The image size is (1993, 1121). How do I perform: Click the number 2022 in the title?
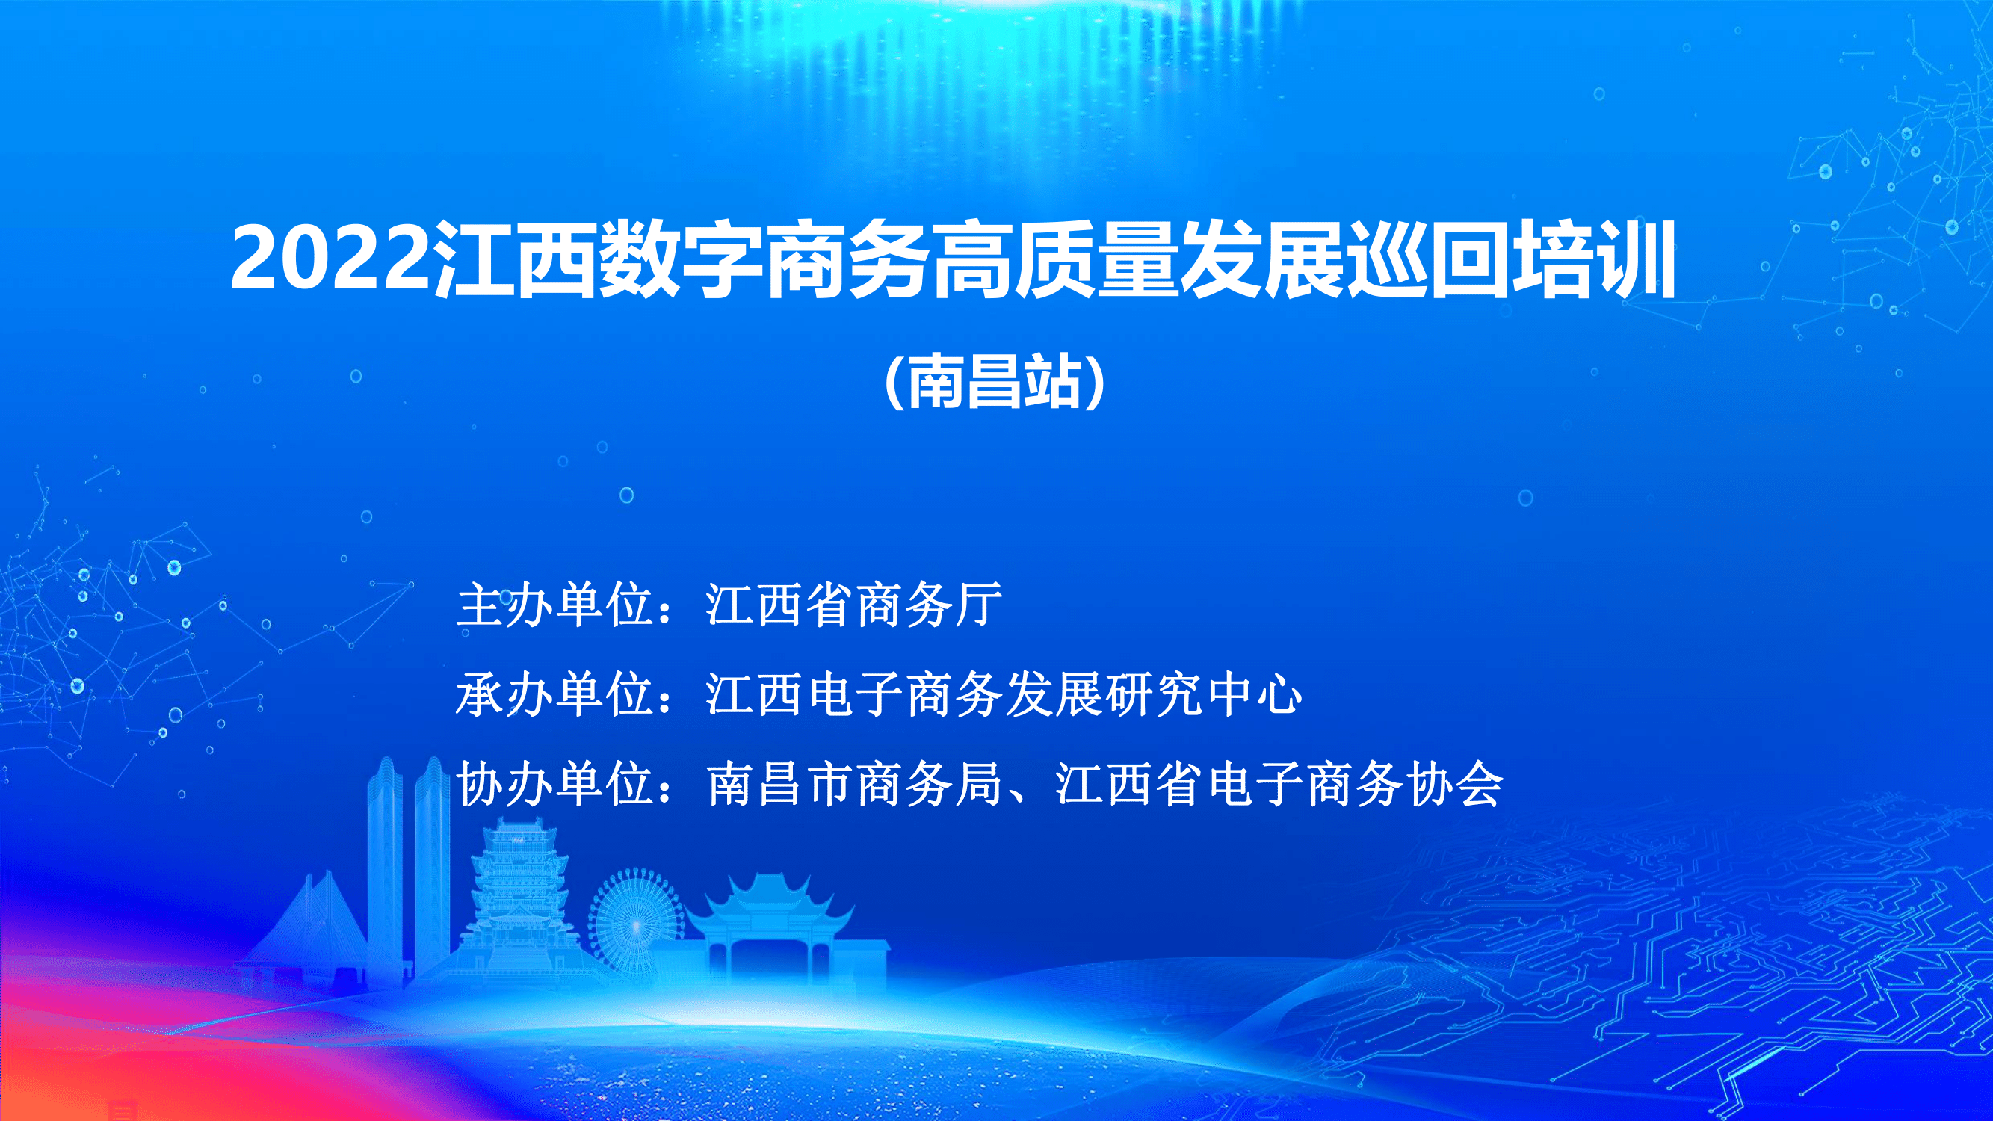tap(331, 259)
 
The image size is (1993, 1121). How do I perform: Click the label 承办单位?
tap(554, 694)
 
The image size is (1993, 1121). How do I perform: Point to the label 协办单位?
tap(554, 784)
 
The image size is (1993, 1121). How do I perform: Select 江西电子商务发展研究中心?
tap(1004, 694)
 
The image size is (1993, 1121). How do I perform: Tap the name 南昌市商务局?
tap(854, 784)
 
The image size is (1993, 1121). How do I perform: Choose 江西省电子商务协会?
tap(1279, 784)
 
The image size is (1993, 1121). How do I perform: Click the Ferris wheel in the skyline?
tap(635, 921)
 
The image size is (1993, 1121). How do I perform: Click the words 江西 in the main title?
tap(514, 259)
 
